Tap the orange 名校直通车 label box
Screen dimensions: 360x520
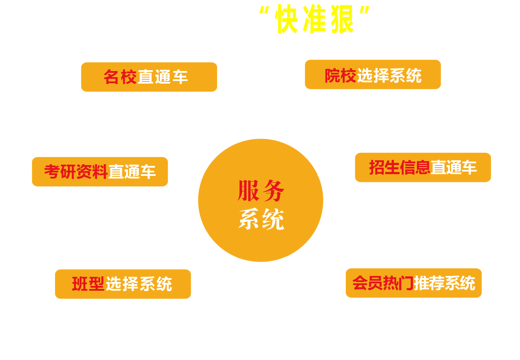(x=149, y=77)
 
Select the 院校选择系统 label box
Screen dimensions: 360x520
(x=373, y=75)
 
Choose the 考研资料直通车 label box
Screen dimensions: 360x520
(x=100, y=172)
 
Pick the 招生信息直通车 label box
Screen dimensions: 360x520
(x=422, y=168)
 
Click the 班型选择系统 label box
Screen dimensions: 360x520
(x=123, y=284)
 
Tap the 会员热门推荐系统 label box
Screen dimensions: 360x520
(x=413, y=283)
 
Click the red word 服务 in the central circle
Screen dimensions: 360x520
(x=261, y=191)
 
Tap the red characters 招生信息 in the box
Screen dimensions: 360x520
(x=400, y=168)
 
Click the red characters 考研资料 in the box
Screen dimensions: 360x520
(x=76, y=172)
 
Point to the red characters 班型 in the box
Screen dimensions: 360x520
(x=88, y=284)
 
